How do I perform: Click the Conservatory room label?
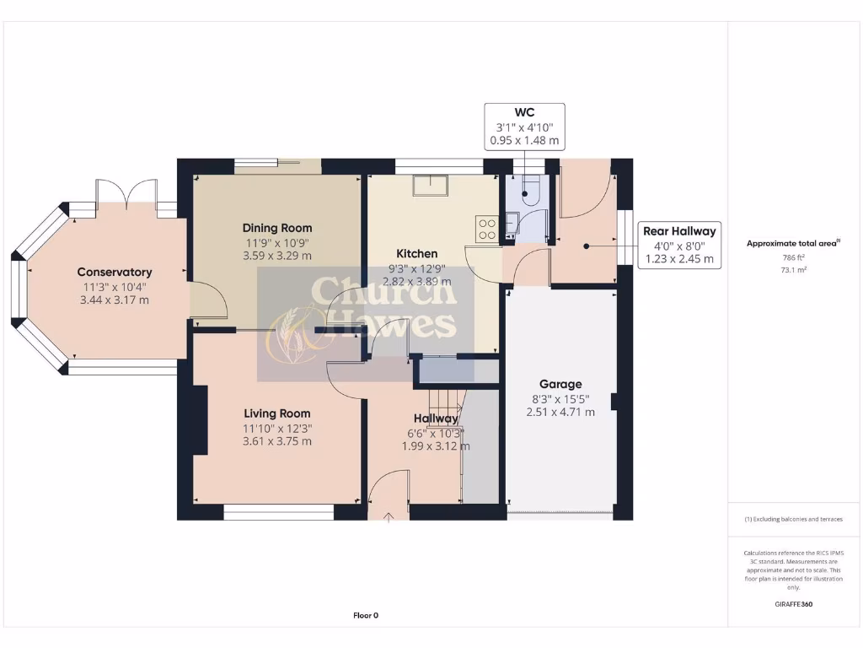coord(115,272)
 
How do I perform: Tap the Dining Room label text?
coord(277,228)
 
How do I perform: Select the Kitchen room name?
coord(417,253)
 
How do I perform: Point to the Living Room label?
coord(277,413)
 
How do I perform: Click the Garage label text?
coord(560,384)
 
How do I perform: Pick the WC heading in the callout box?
coord(524,112)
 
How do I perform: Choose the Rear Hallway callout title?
coord(679,230)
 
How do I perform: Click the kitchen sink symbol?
coord(430,186)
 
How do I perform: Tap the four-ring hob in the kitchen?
coord(486,225)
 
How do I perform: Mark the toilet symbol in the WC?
coord(529,192)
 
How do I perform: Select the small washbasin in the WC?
coord(512,221)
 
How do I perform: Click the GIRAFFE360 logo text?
coord(793,604)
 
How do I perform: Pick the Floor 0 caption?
coord(366,615)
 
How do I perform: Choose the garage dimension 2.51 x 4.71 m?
coord(560,412)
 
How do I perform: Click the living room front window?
coord(279,511)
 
